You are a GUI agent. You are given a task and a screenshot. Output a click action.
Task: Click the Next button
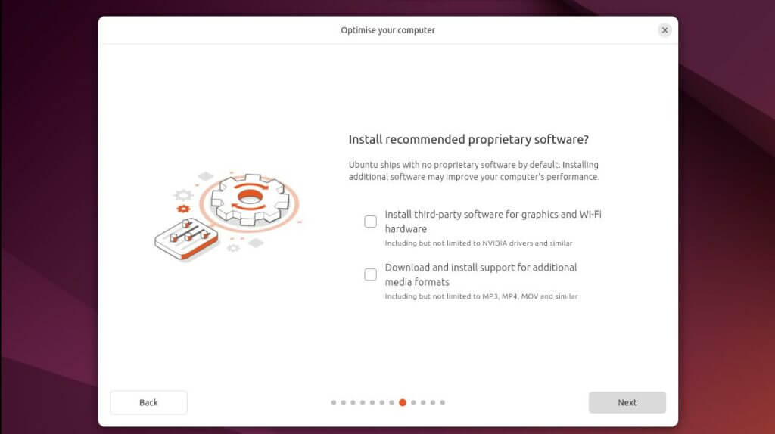pos(627,402)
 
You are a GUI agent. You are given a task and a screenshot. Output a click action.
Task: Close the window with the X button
pos(665,30)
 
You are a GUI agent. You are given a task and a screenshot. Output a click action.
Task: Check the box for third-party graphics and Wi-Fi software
pos(370,222)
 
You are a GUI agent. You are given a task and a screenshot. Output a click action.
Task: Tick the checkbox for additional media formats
pos(370,274)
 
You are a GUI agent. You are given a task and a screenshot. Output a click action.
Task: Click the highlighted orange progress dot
pos(403,402)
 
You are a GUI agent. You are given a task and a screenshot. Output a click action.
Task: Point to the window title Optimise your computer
pos(387,30)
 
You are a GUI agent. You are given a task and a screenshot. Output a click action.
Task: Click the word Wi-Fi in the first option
pos(590,215)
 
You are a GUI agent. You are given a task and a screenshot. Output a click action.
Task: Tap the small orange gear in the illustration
pos(182,209)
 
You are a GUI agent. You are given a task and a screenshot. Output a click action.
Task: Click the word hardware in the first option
pos(406,229)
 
